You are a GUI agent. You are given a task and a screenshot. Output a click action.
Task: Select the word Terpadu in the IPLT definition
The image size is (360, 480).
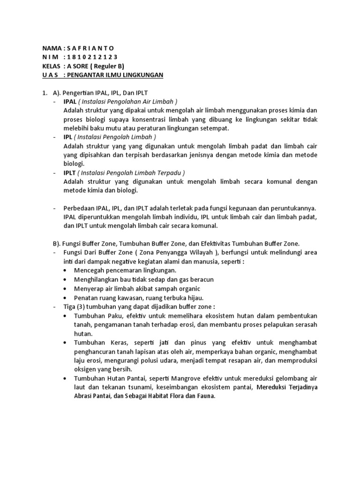168,172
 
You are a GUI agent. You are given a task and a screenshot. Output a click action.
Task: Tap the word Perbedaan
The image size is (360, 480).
78,208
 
